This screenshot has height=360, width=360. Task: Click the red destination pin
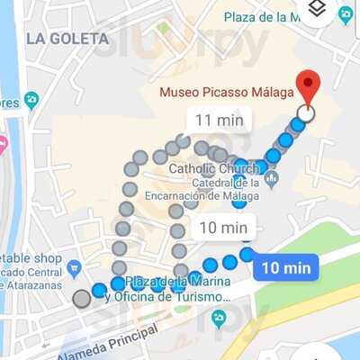[308, 86]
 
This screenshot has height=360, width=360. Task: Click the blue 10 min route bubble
[285, 267]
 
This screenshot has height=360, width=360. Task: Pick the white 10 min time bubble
[221, 227]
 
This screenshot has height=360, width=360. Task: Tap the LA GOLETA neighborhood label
[67, 39]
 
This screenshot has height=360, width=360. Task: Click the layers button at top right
[316, 11]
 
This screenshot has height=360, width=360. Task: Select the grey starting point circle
[82, 298]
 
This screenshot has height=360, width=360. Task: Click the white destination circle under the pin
[306, 113]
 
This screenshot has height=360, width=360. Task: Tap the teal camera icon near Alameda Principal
[218, 318]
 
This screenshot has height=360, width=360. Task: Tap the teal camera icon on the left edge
[31, 100]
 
